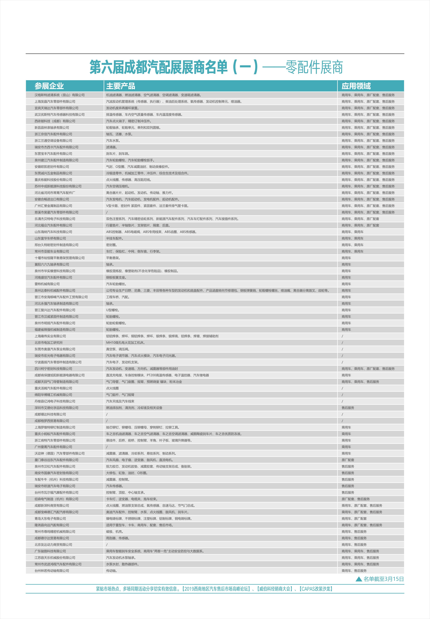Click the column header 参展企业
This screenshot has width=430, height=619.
pyautogui.click(x=49, y=86)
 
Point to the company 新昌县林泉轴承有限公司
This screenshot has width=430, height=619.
pyautogui.click(x=52, y=128)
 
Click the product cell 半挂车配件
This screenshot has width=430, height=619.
pyautogui.click(x=115, y=238)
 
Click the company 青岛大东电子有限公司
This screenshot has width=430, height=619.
pyautogui.click(x=50, y=518)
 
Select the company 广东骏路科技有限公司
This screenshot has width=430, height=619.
pyautogui.click(x=50, y=551)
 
